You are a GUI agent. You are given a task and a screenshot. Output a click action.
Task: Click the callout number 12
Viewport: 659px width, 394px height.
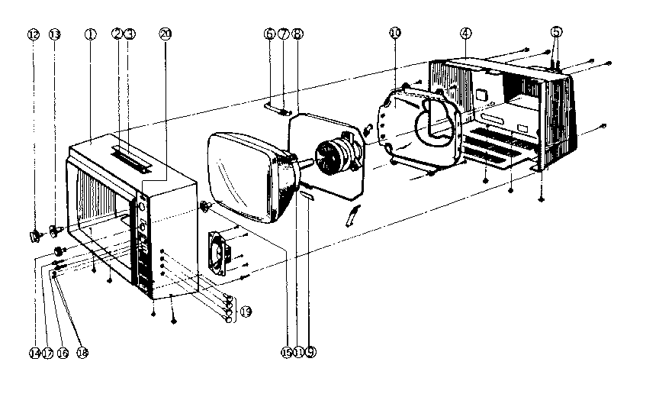[x=33, y=34]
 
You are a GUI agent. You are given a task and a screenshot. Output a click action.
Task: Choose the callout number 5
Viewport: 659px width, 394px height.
[x=557, y=32]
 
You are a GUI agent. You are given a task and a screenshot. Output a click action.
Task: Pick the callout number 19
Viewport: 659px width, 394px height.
[x=246, y=311]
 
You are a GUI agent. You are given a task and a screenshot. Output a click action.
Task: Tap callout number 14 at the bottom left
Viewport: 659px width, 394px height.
[x=34, y=353]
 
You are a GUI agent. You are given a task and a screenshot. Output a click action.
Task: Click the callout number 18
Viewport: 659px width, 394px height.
[x=81, y=353]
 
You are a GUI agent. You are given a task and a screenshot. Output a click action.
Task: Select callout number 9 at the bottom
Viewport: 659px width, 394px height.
[x=311, y=352]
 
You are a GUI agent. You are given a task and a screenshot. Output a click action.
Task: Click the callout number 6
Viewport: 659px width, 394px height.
[x=269, y=34]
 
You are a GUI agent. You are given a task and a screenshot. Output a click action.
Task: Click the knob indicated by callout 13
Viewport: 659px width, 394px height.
[x=56, y=228]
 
